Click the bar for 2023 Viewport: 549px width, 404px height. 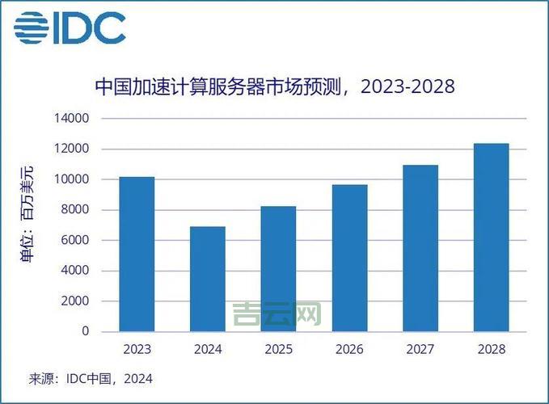pos(137,254)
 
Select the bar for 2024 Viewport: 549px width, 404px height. pos(207,279)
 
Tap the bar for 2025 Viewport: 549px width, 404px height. pos(277,268)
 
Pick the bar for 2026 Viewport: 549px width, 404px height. pos(348,258)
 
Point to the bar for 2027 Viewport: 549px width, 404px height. pos(420,248)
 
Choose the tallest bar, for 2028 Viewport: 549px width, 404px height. pos(491,238)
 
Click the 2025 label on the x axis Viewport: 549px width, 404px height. pos(277,349)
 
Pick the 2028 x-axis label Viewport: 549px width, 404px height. pos(491,349)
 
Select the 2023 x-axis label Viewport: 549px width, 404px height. pos(137,349)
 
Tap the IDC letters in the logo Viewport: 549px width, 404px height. pos(90,29)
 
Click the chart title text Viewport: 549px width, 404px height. pos(274,86)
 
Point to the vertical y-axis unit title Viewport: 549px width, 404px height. pos(27,213)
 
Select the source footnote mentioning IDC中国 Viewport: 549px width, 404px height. pos(91,378)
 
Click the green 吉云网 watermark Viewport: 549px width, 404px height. pos(277,314)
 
